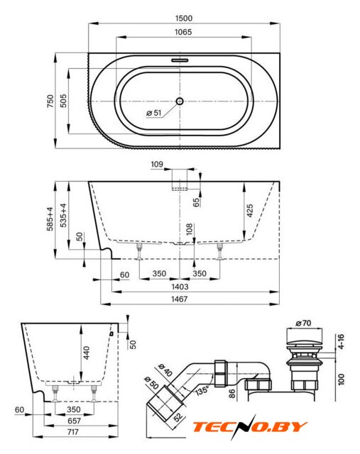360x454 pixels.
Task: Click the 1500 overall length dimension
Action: (x=184, y=18)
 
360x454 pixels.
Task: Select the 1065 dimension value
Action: (x=183, y=32)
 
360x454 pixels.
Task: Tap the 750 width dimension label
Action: (x=50, y=101)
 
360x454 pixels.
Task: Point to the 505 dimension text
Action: (x=63, y=101)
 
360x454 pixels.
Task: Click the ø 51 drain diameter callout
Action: (x=154, y=113)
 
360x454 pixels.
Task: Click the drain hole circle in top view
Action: (x=180, y=101)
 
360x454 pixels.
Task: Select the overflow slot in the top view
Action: (x=180, y=60)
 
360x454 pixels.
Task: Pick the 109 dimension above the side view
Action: (x=157, y=165)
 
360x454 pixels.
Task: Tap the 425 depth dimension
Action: (x=249, y=211)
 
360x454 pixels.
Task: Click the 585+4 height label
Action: (x=50, y=219)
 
